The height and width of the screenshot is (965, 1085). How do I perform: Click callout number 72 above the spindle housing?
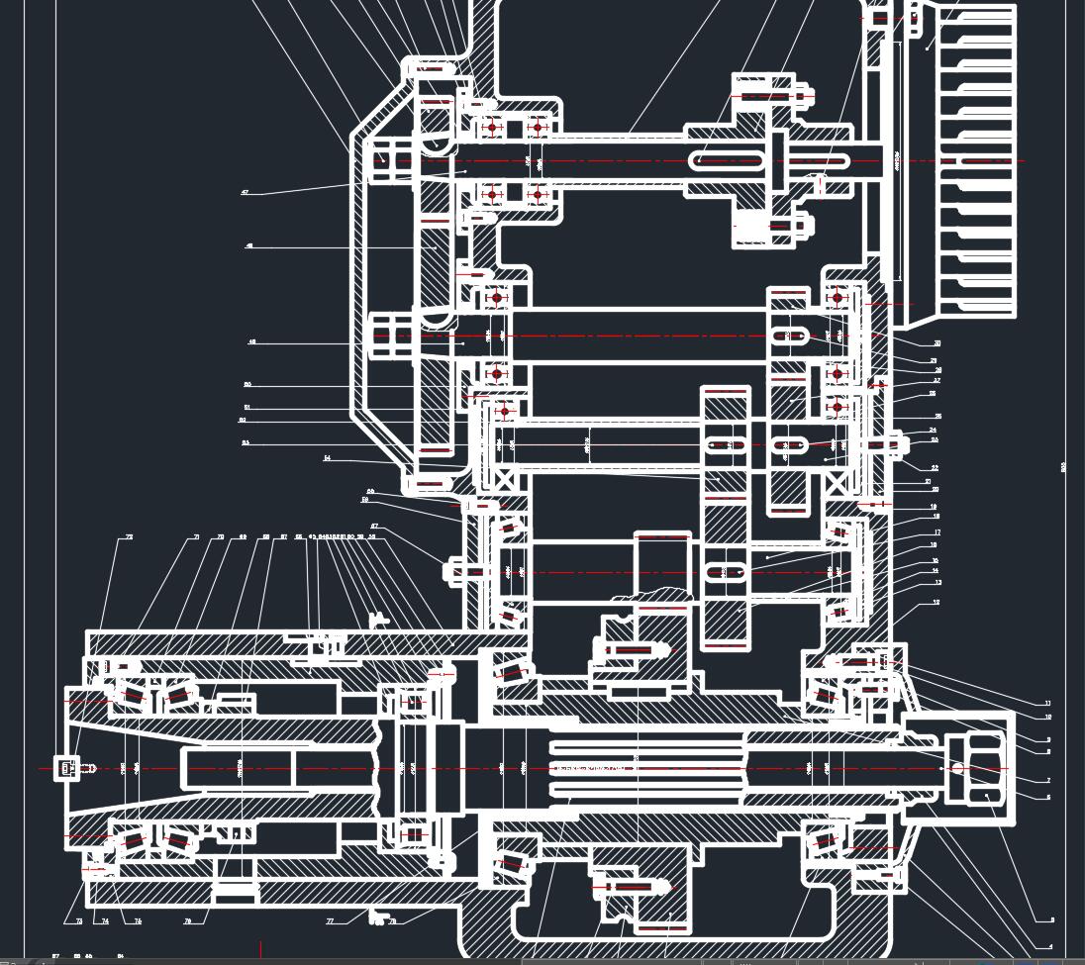129,537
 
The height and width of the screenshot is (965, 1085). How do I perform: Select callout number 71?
196,537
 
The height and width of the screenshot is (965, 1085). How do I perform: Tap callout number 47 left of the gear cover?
246,192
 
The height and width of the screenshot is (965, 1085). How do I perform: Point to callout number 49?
252,342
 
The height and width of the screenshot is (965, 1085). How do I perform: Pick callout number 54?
328,458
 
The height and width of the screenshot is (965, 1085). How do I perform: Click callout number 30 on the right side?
937,343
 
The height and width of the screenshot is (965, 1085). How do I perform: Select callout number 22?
935,467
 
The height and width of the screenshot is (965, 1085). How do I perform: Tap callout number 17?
937,532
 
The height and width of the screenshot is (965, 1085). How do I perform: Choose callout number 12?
937,602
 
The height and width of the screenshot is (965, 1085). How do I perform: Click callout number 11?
1047,704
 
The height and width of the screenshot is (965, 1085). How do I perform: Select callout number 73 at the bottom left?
79,921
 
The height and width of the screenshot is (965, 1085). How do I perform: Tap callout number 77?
330,920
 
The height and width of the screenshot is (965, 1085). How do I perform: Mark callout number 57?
374,527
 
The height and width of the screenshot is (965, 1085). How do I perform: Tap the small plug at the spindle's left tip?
67,767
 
